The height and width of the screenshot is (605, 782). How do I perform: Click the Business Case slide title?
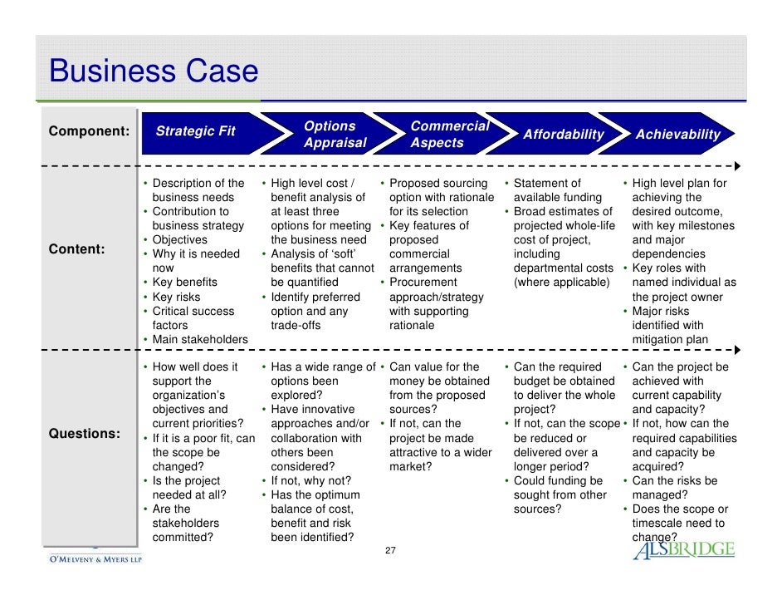[154, 71]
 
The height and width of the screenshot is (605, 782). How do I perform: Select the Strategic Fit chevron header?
[196, 131]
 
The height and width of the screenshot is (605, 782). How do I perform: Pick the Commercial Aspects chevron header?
[449, 135]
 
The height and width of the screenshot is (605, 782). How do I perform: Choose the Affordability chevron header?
[563, 135]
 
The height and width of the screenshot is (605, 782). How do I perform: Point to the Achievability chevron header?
[677, 135]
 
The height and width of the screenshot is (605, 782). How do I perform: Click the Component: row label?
[90, 131]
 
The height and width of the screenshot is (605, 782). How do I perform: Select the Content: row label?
[78, 249]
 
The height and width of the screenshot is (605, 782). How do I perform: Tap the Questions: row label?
[84, 434]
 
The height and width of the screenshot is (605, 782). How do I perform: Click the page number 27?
[391, 551]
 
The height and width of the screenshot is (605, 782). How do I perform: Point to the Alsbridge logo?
[683, 549]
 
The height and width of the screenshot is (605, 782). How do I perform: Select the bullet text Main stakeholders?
[199, 340]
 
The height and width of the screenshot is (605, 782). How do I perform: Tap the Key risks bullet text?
[176, 297]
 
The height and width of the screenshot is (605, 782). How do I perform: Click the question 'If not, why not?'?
[310, 481]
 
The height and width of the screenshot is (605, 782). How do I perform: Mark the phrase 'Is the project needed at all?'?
[186, 488]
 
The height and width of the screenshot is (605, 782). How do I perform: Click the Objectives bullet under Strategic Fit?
[179, 240]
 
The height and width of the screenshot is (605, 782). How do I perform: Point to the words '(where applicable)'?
[561, 283]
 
